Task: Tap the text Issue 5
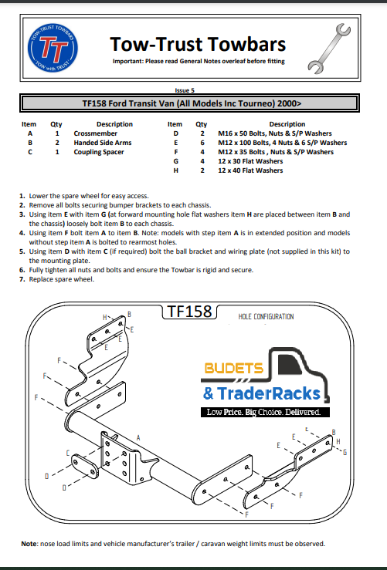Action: tap(188, 90)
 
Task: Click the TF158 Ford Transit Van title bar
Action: tap(192, 103)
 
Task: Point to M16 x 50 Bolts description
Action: tap(275, 133)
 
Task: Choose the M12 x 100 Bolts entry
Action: tap(282, 143)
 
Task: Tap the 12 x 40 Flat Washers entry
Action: tap(250, 170)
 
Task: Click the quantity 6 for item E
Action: tap(202, 143)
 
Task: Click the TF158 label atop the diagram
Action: tap(188, 312)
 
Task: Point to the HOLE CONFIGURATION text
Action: tap(266, 316)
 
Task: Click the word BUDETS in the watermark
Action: tap(233, 369)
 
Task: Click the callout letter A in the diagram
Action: tap(138, 437)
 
